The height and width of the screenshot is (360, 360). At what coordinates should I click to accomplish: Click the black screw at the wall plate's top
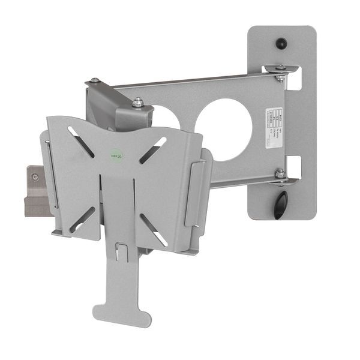click(x=281, y=43)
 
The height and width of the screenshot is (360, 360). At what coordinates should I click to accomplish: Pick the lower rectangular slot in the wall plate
click(x=293, y=166)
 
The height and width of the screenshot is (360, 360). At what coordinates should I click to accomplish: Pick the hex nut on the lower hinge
click(x=280, y=173)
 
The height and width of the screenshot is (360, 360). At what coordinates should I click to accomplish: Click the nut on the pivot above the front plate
click(x=138, y=103)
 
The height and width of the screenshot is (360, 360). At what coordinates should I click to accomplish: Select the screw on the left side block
click(x=35, y=176)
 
